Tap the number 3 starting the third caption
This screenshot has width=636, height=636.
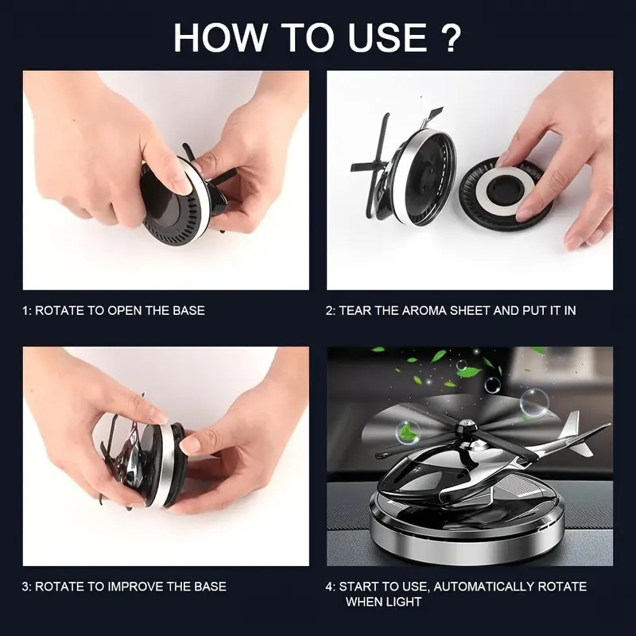pyautogui.click(x=25, y=587)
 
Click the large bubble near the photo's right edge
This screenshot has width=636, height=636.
pyautogui.click(x=533, y=402)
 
